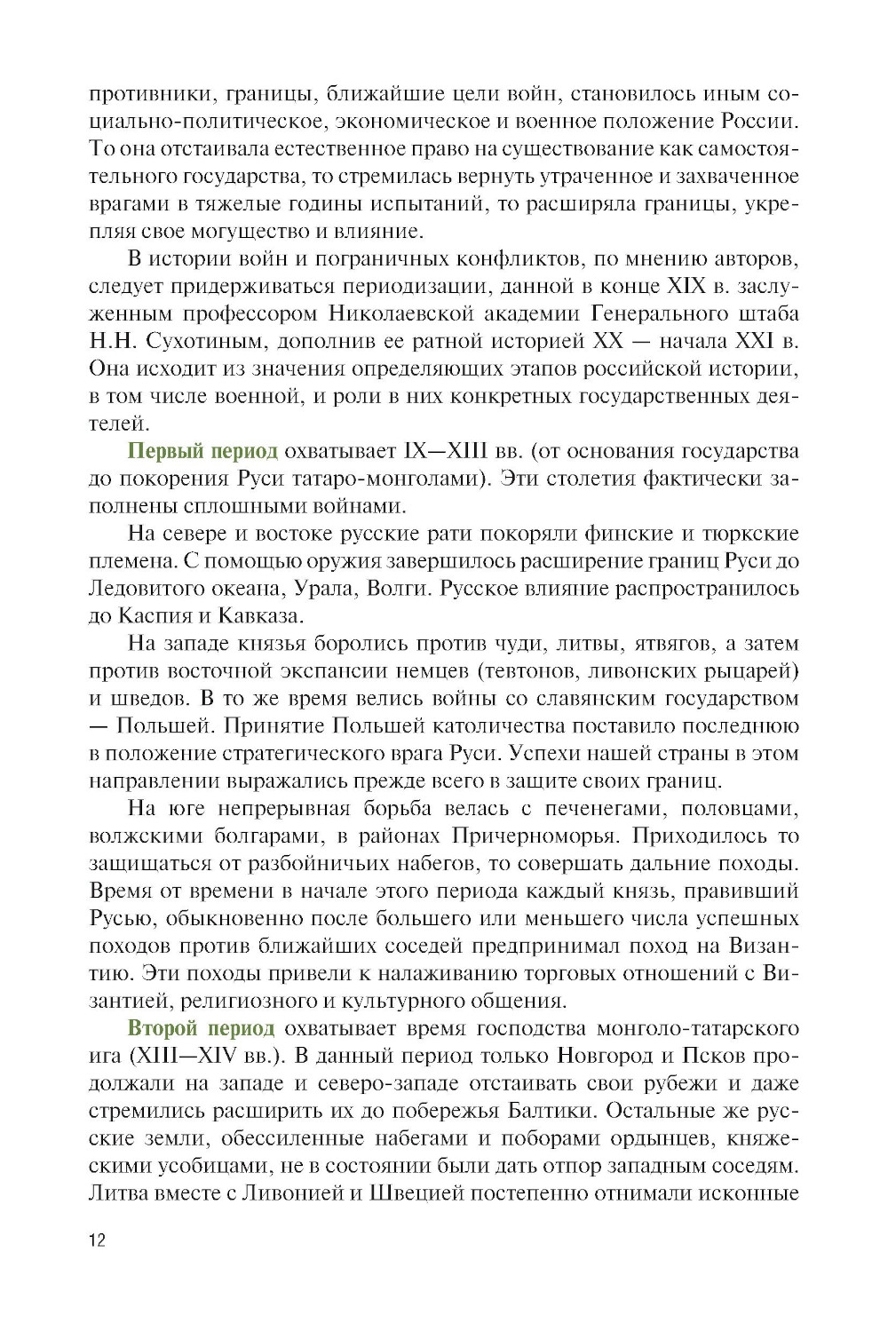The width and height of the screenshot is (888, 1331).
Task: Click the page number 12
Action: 97,1240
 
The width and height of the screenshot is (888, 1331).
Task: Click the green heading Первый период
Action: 202,451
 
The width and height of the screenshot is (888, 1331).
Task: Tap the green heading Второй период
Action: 202,1028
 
